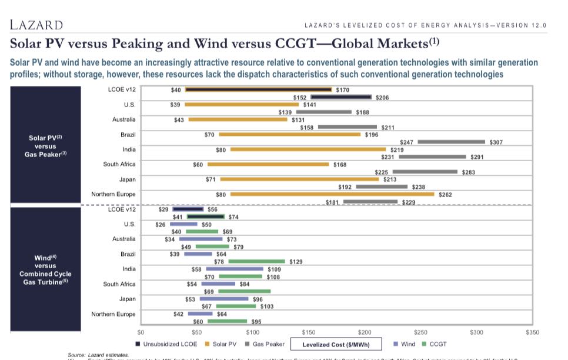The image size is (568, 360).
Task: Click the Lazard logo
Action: tap(36, 25)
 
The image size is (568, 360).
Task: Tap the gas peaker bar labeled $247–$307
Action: tap(451, 142)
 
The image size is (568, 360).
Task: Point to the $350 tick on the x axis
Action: tap(532, 332)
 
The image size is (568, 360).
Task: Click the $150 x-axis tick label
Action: tap(308, 332)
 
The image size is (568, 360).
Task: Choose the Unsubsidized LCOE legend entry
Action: tap(167, 344)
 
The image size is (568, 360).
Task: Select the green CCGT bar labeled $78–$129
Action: tap(256, 261)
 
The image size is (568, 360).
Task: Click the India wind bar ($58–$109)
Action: tap(234, 269)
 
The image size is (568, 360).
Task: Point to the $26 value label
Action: tap(161, 225)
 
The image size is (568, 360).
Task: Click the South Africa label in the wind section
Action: tap(119, 284)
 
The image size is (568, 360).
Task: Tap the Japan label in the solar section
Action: tap(127, 179)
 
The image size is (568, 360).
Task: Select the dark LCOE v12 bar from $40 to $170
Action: tap(259, 90)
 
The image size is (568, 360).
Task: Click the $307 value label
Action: tap(496, 142)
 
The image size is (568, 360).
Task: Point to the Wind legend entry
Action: tap(404, 344)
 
